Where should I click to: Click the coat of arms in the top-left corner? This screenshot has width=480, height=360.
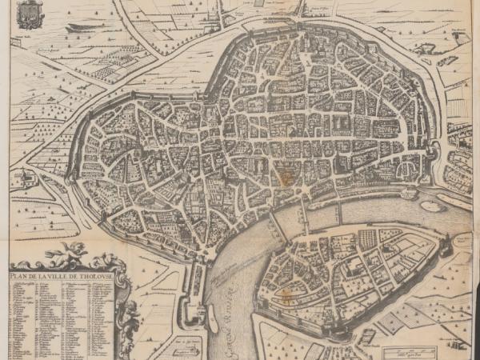pos(30,14)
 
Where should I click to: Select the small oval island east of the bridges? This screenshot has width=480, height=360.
pos(432,206)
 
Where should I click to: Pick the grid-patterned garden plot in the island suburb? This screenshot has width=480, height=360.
pos(369,238)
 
